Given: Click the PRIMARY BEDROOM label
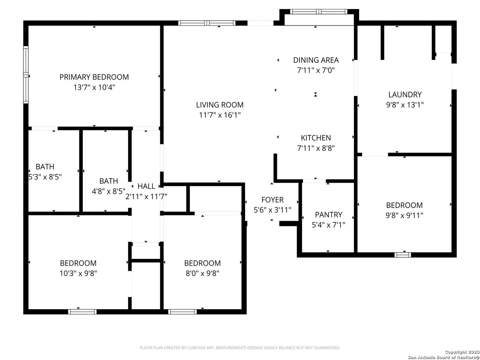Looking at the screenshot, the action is pos(94,77).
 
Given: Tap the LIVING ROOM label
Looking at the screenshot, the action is pos(220,105).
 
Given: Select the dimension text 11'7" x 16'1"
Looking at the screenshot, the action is pos(220,115).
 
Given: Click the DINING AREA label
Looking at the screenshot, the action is pos(316,60).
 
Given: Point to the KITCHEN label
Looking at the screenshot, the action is pos(316,138).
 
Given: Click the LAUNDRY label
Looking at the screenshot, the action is pos(405,94).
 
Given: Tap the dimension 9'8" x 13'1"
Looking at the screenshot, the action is pos(405,105).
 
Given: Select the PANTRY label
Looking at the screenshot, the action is pos(328,215).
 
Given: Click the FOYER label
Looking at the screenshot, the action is pos(272,200).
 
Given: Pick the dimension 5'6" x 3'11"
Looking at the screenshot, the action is pos(272,210).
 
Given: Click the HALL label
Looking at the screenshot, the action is pos(146,186).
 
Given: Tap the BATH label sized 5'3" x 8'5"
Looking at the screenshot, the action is pos(45,167).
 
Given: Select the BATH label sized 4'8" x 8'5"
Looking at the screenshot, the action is pos(108,181).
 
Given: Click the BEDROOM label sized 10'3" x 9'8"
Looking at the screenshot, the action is pos(78,263).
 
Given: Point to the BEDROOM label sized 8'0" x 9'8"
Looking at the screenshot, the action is pos(202,263).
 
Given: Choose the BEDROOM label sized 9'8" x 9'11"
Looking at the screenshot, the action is pos(404,205).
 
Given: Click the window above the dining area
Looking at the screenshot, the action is pos(318,12).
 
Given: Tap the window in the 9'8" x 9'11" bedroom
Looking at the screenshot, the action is pos(403,255).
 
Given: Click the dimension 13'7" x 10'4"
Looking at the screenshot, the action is pos(94,87).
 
